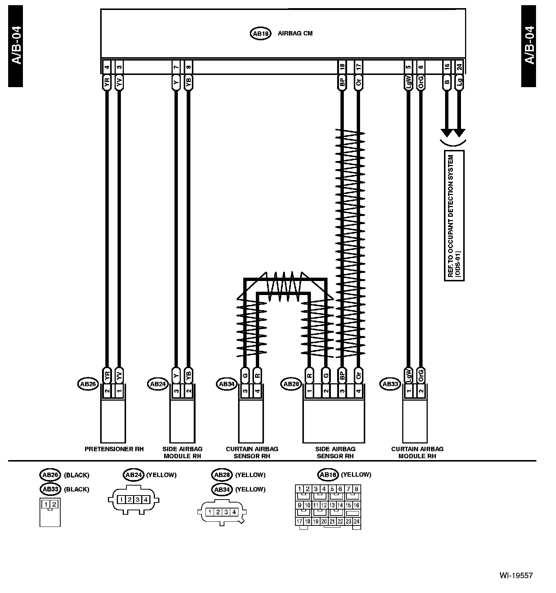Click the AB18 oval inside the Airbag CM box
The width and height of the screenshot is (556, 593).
261,34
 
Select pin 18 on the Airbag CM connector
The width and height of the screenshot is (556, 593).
342,67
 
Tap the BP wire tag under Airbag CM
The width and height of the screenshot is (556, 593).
342,82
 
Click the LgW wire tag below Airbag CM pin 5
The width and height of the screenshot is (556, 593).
408,82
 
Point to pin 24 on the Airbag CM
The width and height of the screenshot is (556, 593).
459,67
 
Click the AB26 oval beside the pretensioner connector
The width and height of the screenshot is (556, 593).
88,384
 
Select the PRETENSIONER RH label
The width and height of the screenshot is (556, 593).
114,449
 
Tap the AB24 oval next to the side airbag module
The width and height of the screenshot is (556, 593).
157,384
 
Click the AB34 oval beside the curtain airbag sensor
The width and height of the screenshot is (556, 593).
226,384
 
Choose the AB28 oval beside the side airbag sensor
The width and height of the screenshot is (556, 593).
291,384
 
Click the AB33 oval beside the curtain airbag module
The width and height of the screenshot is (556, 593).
390,384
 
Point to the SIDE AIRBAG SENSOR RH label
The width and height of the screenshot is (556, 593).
335,452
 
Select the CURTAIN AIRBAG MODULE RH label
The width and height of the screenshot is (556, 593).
417,452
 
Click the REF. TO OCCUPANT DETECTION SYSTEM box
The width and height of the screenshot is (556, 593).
454,216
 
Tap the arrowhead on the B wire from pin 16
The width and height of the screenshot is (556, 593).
446,133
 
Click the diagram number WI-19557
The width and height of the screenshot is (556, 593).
516,575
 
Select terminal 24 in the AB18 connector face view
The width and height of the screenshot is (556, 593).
356,522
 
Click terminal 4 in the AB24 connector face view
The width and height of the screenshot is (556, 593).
146,500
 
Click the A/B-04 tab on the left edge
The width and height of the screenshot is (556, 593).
16,46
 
